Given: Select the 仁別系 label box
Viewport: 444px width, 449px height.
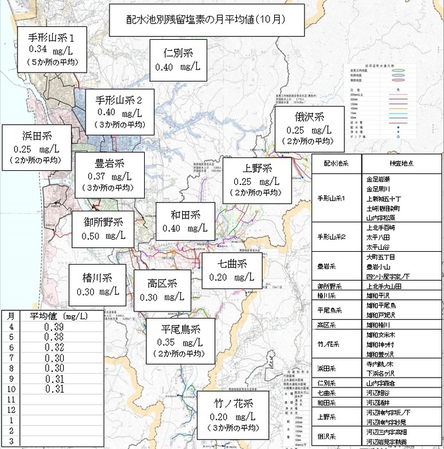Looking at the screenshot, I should (177, 60).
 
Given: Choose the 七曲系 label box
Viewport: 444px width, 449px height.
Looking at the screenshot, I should (232, 270).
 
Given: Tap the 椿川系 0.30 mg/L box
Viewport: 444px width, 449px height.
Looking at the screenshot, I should (98, 285).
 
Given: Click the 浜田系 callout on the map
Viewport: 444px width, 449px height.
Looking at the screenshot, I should (37, 147).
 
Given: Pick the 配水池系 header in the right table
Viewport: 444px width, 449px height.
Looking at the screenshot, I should (335, 164).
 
